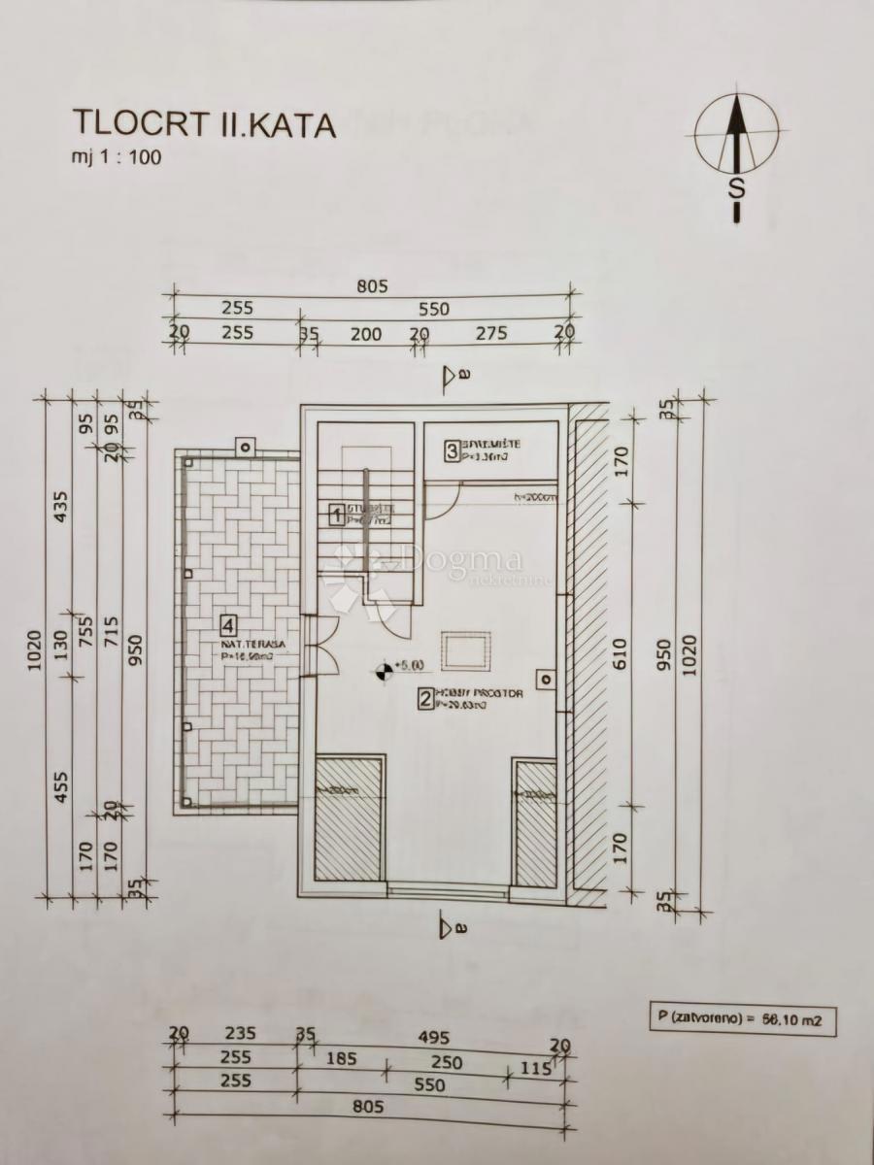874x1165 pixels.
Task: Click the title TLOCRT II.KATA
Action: [x=204, y=125]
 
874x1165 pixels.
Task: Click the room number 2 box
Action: [x=424, y=698]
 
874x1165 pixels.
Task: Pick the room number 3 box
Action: [x=452, y=450]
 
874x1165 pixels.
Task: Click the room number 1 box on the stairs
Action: [x=336, y=514]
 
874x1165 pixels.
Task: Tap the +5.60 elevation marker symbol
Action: [x=385, y=668]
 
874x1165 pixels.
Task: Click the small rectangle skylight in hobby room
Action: [x=466, y=649]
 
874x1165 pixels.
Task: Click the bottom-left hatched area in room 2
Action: [x=349, y=820]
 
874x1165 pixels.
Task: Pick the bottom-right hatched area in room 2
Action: [x=534, y=823]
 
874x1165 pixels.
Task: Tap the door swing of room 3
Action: [x=442, y=497]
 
